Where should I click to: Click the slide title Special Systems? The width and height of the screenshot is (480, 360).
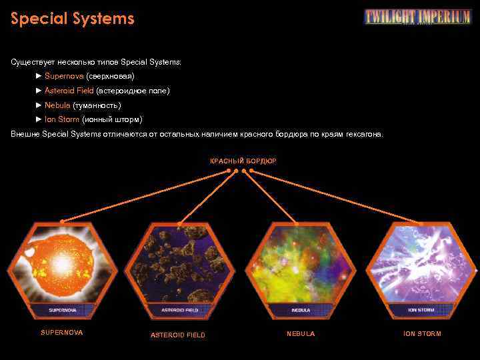tap(72, 19)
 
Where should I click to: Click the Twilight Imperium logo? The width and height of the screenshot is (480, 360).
tap(417, 17)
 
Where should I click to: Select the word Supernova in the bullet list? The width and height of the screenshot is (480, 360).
tap(59, 76)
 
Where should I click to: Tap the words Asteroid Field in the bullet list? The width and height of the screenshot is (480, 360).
tap(69, 91)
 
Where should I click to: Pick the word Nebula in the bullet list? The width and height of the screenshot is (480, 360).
tap(57, 105)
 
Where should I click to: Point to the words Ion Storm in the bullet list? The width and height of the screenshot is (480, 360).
tap(62, 119)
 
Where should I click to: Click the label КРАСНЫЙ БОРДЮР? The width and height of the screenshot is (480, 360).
tap(243, 161)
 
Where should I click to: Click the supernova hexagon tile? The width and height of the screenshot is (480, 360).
tap(62, 270)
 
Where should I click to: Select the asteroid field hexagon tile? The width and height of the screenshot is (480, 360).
tap(179, 270)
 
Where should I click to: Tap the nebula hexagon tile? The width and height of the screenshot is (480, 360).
tap(300, 270)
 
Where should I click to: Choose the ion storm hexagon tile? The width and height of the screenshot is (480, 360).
tap(421, 270)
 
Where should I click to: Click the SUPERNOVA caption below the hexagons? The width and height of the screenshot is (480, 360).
tap(62, 333)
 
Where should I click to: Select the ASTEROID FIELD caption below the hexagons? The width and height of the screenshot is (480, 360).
tap(178, 335)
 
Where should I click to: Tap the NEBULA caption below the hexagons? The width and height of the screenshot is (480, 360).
tap(301, 333)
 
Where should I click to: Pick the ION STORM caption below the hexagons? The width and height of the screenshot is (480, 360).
tap(422, 333)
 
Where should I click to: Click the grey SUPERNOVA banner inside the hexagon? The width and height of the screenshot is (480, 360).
tap(62, 310)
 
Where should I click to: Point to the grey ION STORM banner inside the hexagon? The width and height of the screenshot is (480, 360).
tap(421, 310)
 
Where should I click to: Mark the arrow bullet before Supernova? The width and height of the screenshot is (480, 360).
tap(39, 76)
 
